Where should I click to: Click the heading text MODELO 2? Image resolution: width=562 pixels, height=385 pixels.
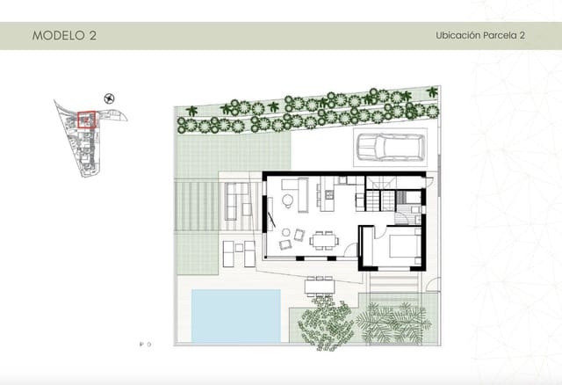coord(64,36)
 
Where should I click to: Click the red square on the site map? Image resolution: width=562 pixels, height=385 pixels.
coord(87,120)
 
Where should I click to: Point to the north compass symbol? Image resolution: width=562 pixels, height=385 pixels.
coord(109,98)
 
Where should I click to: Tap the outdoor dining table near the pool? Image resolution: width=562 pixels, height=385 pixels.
coord(321,286)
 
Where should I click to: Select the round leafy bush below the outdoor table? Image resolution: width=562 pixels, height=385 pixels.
coord(327,322)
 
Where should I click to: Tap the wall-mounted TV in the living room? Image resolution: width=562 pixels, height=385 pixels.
coord(267,207)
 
